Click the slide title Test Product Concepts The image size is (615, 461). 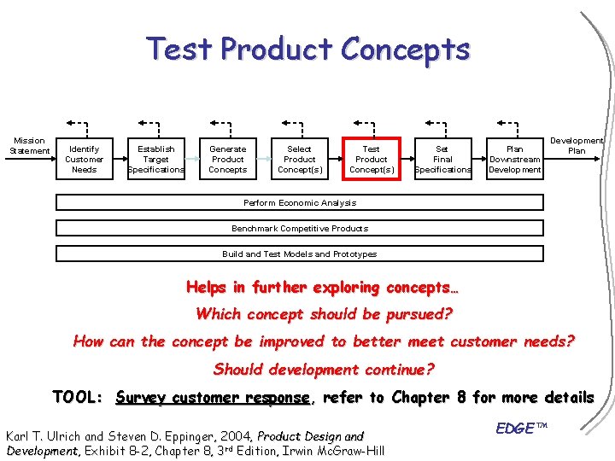tap(307, 49)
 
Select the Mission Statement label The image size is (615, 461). tap(29, 146)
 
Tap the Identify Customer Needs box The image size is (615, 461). tap(85, 159)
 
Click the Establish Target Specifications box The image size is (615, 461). tap(156, 159)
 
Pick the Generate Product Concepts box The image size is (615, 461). tap(228, 159)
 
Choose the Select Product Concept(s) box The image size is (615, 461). tap(300, 159)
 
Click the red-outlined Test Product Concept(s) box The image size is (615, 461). tap(372, 159)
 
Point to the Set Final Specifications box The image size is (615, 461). tap(442, 159)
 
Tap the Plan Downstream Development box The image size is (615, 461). tap(514, 159)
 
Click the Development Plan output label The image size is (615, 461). tap(577, 145)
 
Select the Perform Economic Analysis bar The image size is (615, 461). tap(300, 203)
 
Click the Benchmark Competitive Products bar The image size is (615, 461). tap(300, 229)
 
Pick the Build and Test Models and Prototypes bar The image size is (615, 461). tap(300, 254)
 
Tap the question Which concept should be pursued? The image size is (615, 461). tap(324, 314)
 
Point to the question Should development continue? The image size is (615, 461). tap(324, 370)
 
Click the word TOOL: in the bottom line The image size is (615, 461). tap(78, 398)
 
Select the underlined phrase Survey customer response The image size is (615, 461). tap(214, 398)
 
